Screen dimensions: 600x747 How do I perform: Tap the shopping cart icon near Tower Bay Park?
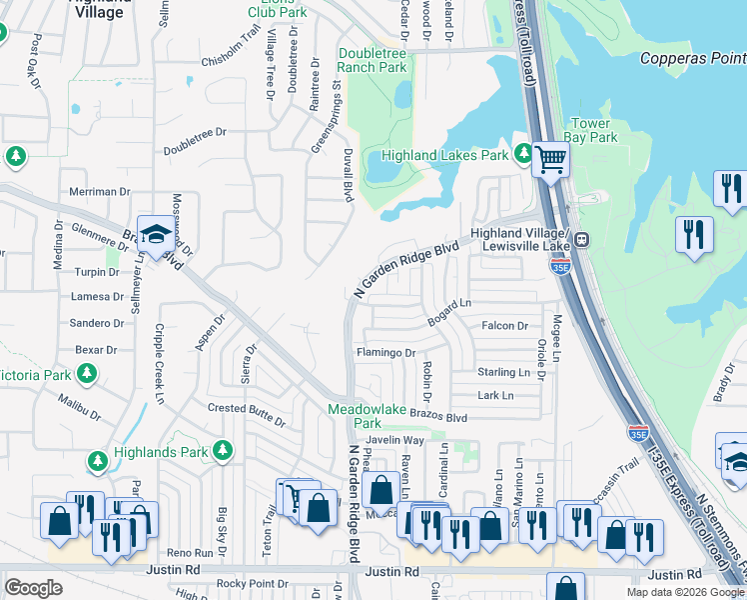[550, 158]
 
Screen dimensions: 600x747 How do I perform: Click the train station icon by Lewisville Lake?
[580, 240]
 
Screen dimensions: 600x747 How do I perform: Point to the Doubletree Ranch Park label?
[373, 60]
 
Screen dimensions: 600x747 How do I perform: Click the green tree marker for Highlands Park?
[223, 452]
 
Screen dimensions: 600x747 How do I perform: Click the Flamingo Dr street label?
[385, 353]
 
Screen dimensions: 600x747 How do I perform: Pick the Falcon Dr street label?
[504, 326]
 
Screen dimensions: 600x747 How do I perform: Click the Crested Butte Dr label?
[247, 409]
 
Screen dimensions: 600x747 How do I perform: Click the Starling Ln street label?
[504, 372]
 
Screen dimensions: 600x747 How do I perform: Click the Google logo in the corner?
[33, 588]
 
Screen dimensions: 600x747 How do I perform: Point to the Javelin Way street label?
[395, 440]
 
